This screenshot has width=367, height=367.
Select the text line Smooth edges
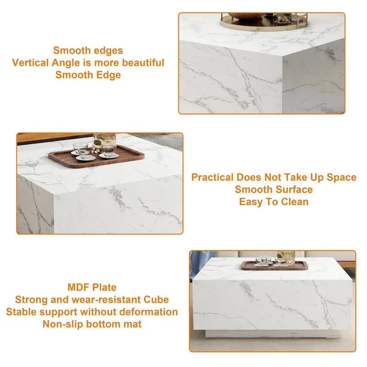[88, 50]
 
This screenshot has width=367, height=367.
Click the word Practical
[212, 177]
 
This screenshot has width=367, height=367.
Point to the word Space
[340, 177]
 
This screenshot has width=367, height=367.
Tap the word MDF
[78, 287]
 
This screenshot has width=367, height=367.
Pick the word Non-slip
[63, 324]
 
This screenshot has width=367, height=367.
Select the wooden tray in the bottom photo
[275, 266]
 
